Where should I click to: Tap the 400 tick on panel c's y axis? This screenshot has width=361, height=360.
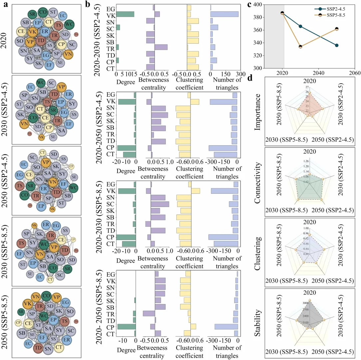point(257,5)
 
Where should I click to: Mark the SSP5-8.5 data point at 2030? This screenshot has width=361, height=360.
point(300,47)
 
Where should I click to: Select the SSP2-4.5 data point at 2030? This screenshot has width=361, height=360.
point(300,26)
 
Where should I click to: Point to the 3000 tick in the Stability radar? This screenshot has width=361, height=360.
point(305,303)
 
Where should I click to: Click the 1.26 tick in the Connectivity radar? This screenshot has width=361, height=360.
point(306,161)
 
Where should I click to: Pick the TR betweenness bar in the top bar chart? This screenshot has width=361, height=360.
point(161,47)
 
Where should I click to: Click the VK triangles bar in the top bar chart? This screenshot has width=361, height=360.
point(224,14)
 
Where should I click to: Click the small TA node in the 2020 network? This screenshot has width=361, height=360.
point(76,34)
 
